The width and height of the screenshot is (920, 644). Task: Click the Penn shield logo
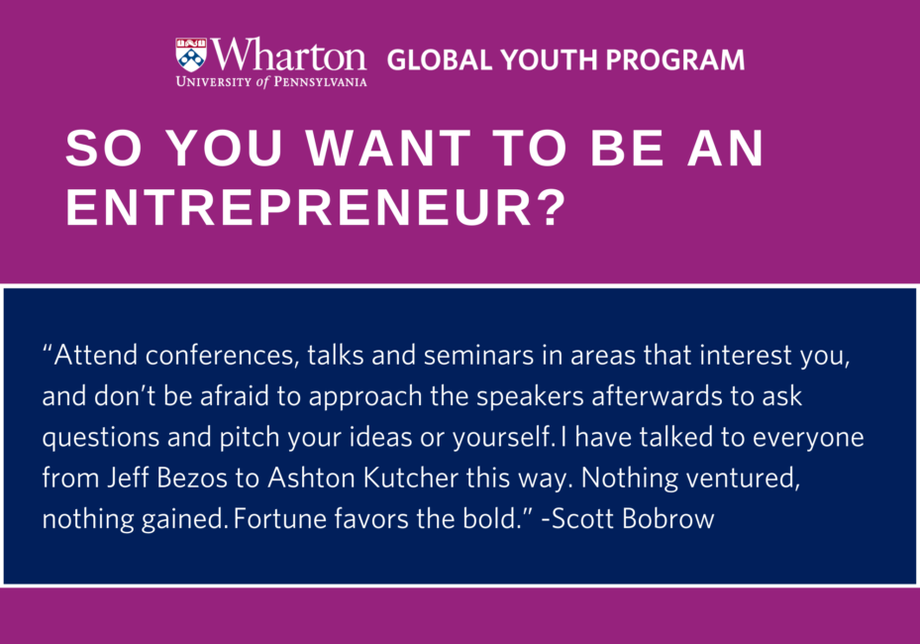[x=191, y=55]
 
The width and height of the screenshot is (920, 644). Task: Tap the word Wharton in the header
[x=288, y=55]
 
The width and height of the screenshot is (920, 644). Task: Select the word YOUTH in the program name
[x=549, y=59]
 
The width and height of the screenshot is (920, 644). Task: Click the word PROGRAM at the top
[x=674, y=59]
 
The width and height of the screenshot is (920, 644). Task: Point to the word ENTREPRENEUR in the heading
[x=299, y=207]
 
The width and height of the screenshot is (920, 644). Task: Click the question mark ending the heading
[x=551, y=207]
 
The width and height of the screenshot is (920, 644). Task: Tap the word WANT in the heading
[x=388, y=148]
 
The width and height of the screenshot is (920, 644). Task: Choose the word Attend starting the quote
[x=96, y=355]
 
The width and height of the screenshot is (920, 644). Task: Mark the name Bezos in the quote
[x=192, y=479]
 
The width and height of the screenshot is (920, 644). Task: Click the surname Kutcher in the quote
[x=411, y=479]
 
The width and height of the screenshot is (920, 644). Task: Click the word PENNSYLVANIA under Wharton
[x=320, y=82]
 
